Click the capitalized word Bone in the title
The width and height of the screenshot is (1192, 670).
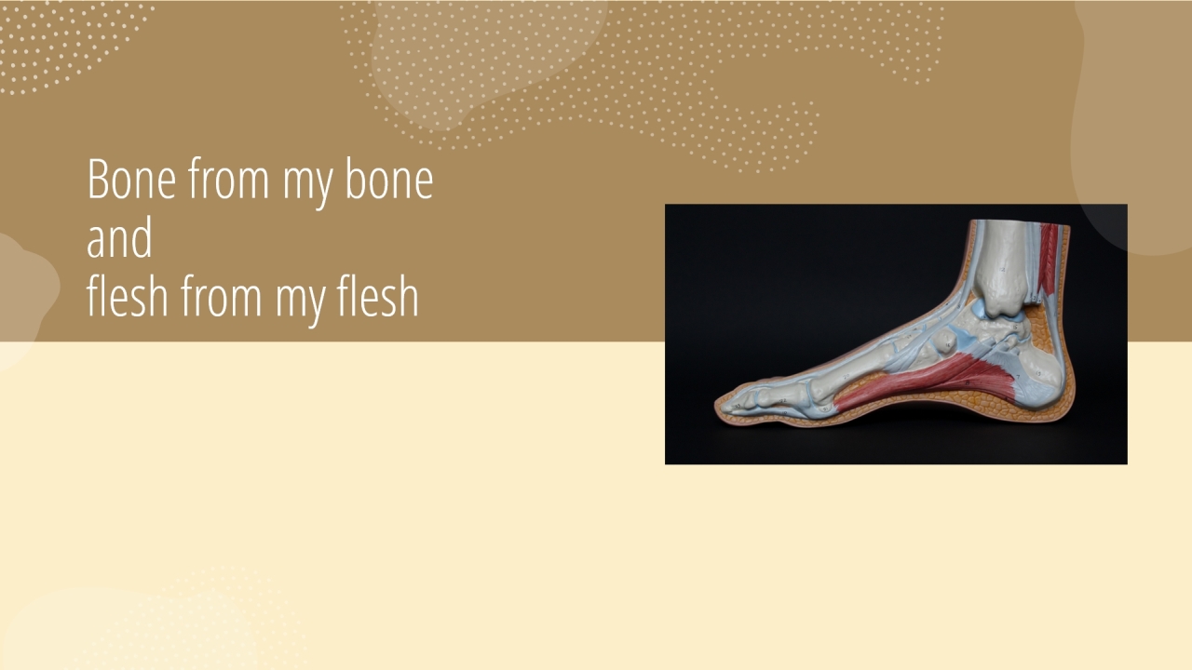point(131,179)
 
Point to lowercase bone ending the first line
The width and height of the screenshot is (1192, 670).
point(389,179)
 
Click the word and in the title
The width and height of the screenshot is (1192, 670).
point(120,237)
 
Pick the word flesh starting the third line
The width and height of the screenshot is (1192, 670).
point(128,296)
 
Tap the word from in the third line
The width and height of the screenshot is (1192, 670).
point(221,296)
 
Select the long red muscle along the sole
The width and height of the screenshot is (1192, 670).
point(926,382)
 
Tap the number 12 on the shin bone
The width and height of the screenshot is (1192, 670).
point(1003,270)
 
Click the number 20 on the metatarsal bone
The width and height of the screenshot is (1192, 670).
point(847,376)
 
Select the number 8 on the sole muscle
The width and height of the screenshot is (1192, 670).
point(968,382)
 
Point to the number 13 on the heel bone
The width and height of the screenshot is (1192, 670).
point(1038,373)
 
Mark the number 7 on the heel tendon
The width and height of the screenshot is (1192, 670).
point(1018,377)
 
